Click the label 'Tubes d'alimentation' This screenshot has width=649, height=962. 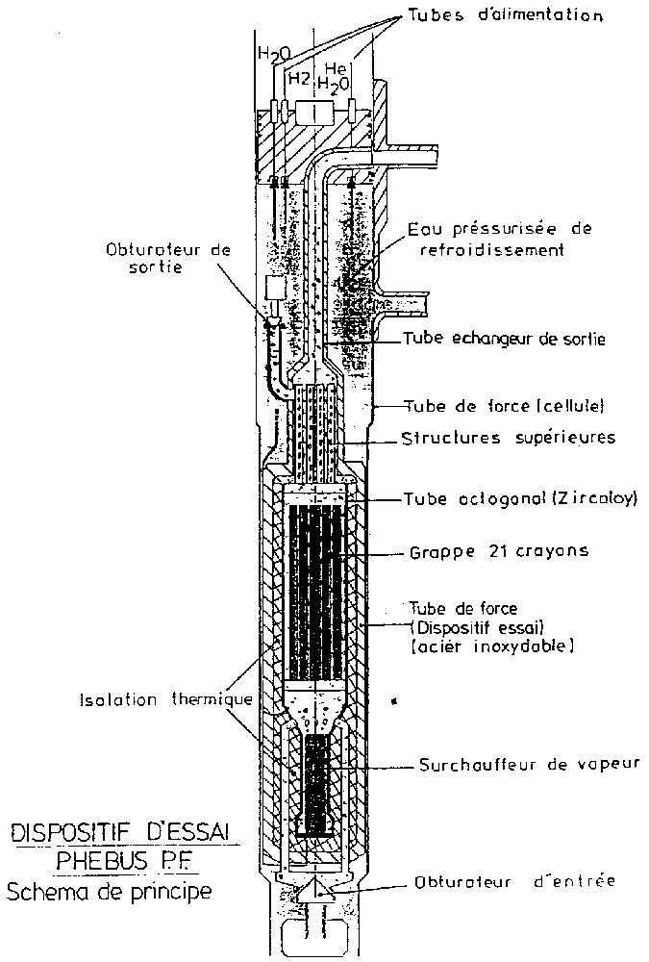[x=518, y=15]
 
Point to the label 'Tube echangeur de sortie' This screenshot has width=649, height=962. [x=504, y=339]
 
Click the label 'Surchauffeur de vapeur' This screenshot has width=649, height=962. [x=529, y=766]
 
